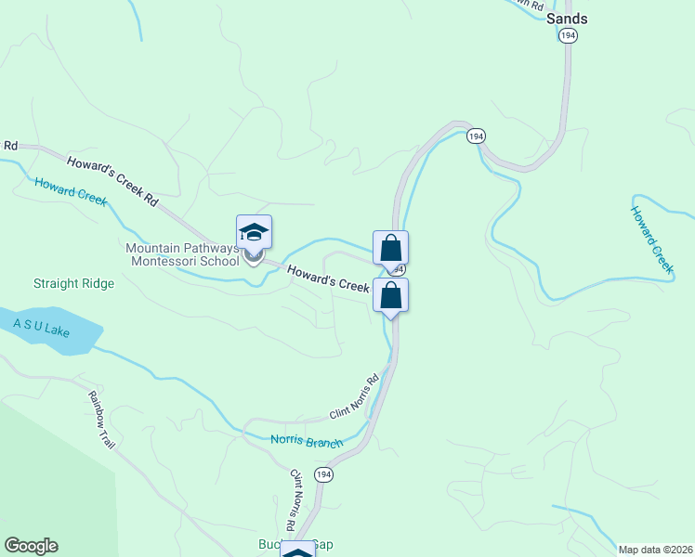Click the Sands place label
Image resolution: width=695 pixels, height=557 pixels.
point(567,18)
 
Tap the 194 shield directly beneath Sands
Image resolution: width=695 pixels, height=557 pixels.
point(569,35)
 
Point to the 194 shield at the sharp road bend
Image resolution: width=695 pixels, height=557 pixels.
point(476,136)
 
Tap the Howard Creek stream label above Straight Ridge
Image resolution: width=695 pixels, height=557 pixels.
point(72,190)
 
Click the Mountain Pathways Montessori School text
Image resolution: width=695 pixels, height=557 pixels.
point(183,253)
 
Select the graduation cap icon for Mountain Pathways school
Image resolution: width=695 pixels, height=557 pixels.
point(254,232)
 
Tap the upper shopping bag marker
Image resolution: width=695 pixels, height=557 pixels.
point(390,248)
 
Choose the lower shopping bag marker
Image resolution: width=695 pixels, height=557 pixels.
point(390,295)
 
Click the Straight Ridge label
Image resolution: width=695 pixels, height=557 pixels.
point(73,283)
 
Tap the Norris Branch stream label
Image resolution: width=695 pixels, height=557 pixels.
point(307,441)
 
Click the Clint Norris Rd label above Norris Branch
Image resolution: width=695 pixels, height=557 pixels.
point(355,397)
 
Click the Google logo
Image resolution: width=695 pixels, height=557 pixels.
point(31,546)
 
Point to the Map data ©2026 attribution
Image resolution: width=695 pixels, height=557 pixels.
point(655,550)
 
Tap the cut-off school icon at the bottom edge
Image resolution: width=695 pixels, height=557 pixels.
point(297,551)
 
